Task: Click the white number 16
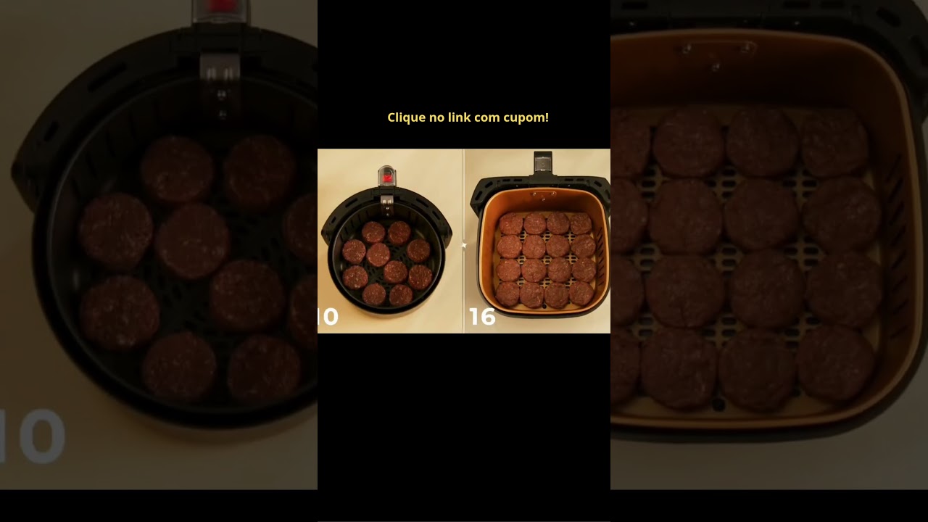(x=482, y=317)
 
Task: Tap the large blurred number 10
(x=33, y=436)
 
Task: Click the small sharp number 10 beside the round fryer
(x=328, y=317)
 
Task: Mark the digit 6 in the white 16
(x=488, y=317)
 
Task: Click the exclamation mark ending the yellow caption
(x=547, y=117)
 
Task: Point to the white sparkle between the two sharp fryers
(x=464, y=245)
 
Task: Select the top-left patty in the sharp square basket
(x=511, y=224)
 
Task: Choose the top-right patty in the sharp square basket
(x=581, y=224)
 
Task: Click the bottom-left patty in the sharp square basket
(x=507, y=294)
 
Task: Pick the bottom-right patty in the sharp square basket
(x=581, y=294)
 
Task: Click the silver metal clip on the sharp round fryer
(x=386, y=204)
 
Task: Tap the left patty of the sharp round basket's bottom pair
(x=373, y=294)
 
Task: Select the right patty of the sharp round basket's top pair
(x=399, y=233)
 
